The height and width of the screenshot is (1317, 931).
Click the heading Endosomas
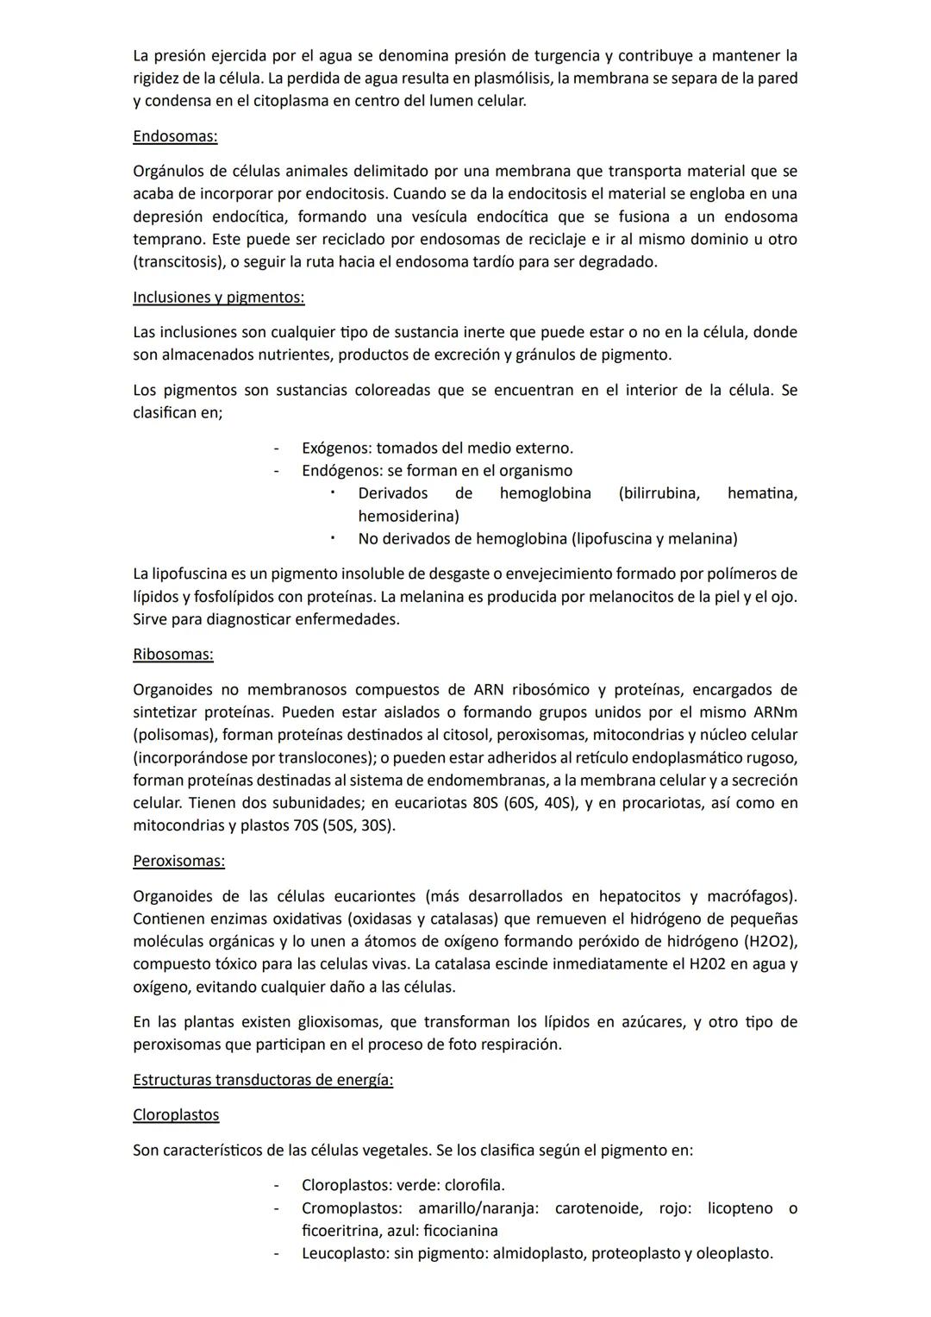[175, 136]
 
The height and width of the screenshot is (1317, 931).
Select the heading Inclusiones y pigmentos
[219, 298]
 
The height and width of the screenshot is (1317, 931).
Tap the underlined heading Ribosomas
[173, 655]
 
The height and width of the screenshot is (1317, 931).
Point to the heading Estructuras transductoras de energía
[263, 1081]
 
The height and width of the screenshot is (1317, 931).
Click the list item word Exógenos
[335, 448]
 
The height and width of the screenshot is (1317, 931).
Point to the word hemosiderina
[408, 517]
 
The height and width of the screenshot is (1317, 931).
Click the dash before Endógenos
[277, 471]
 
